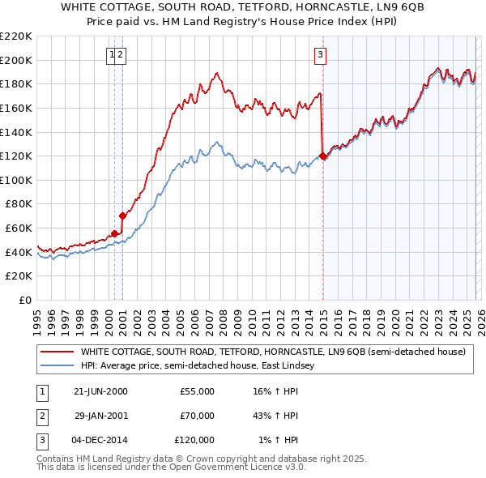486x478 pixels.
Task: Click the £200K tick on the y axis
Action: pos(16,60)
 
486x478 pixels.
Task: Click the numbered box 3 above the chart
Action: pos(320,55)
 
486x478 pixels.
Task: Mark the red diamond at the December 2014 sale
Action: pos(323,156)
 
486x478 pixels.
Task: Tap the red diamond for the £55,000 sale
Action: pos(115,233)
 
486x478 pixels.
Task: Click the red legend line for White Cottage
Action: pos(57,352)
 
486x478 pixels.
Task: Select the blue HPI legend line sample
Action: pos(57,366)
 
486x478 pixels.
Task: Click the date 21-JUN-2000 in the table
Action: pos(100,391)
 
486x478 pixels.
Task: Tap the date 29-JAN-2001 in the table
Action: pos(100,416)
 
